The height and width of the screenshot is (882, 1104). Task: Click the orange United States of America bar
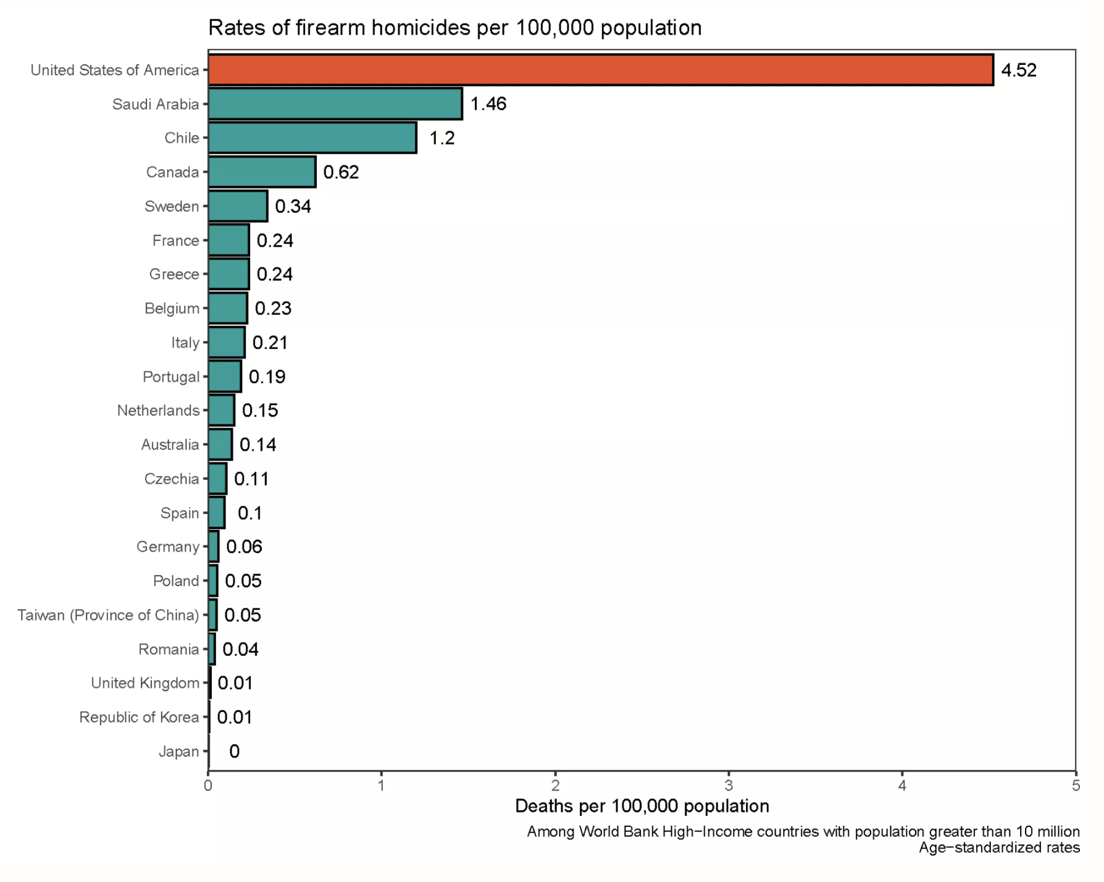pos(600,70)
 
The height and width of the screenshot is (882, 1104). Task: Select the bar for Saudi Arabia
pos(335,104)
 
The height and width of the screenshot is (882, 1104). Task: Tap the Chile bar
pos(312,138)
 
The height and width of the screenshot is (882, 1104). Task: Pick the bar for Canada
pos(262,172)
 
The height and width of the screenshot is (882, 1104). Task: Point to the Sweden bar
pos(238,206)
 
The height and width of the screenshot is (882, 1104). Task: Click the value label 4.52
pos(1018,70)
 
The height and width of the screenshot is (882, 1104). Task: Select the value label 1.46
pos(488,104)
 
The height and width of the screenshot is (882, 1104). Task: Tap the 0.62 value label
pos(341,172)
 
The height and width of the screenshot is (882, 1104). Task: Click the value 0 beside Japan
pos(234,751)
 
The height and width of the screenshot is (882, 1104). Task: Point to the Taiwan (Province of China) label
pos(108,615)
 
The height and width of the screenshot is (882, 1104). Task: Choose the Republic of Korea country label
pos(139,717)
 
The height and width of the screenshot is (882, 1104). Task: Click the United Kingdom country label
pos(145,683)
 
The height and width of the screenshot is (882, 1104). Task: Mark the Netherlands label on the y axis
pos(158,411)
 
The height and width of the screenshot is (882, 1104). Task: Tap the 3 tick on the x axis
pos(729,786)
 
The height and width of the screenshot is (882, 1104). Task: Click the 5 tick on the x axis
pos(1076,786)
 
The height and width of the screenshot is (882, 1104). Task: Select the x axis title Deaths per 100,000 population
pos(642,806)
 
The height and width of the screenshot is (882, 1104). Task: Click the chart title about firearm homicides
pos(454,28)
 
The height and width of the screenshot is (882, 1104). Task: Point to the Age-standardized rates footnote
pos(998,847)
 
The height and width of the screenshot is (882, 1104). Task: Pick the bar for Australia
pos(220,445)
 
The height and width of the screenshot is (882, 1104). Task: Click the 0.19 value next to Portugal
pos(267,377)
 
